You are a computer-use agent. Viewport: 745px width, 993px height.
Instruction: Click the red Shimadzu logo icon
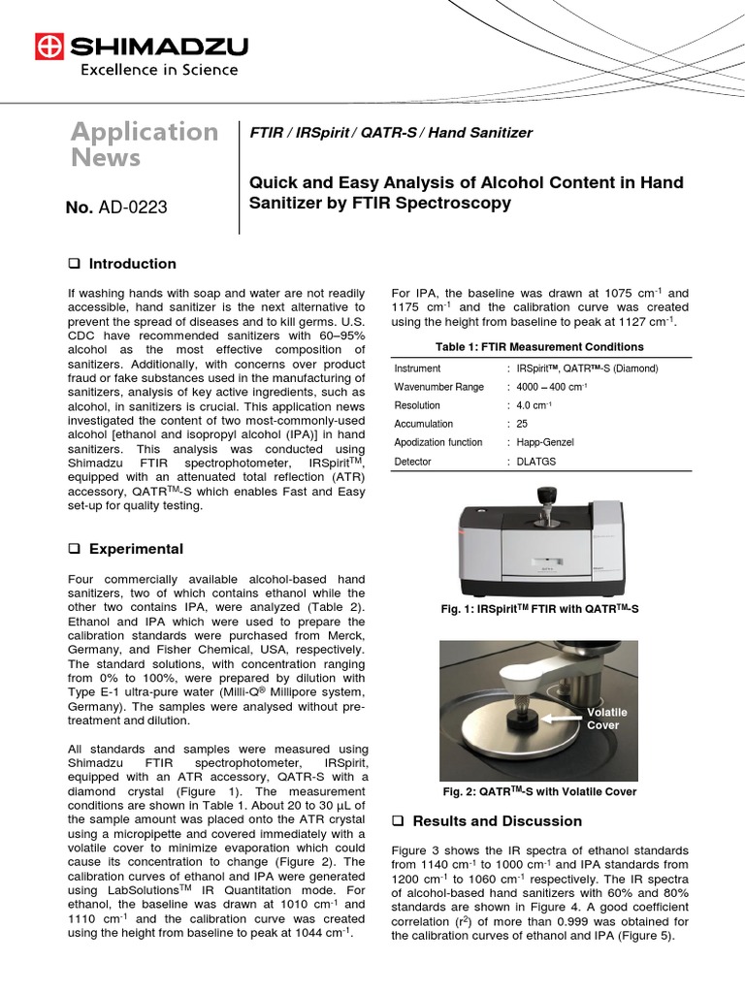[49, 46]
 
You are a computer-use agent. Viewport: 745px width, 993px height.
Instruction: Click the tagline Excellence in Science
[158, 70]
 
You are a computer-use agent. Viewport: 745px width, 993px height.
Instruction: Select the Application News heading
[145, 144]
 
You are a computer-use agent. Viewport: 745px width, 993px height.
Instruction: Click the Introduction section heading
[132, 264]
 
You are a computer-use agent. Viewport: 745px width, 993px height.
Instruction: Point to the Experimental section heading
[136, 549]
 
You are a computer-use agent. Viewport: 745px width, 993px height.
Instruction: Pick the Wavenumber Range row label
[439, 387]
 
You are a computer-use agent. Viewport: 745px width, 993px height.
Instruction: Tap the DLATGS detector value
[537, 462]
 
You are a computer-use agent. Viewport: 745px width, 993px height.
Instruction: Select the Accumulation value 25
[523, 424]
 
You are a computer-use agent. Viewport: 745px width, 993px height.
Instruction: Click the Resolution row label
[417, 405]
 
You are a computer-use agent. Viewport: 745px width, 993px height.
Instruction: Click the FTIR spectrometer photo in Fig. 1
[539, 542]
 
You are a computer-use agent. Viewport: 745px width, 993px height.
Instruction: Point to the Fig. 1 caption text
[540, 608]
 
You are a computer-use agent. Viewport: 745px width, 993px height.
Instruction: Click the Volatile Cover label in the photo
[608, 719]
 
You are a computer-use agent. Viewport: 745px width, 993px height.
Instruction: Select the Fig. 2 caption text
[539, 791]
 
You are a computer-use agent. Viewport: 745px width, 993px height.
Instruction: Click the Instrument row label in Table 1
[417, 368]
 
